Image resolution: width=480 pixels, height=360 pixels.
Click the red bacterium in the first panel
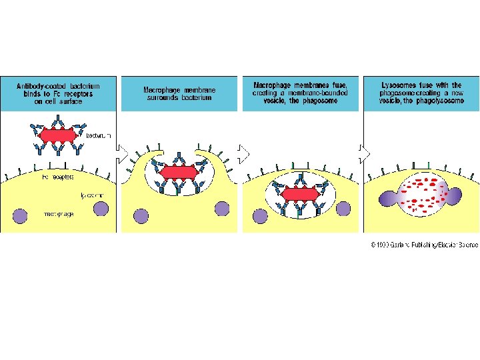point(59,135)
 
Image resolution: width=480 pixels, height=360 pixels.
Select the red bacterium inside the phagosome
point(299,195)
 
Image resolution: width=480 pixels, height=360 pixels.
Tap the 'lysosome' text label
point(91,195)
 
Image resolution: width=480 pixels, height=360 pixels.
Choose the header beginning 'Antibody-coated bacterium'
point(58,93)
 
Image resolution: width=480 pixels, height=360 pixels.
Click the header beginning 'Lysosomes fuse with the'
point(421,93)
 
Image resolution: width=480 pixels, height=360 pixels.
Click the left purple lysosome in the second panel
point(141,215)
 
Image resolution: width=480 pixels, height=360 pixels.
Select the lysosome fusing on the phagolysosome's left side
point(387,198)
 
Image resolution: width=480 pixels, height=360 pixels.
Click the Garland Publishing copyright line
point(424,245)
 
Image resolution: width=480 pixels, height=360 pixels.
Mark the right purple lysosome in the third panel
point(343,209)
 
